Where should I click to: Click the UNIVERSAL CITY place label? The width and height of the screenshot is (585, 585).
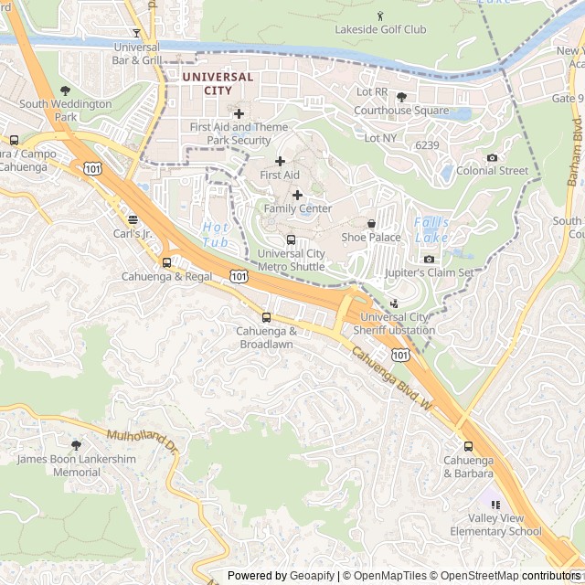point(218,84)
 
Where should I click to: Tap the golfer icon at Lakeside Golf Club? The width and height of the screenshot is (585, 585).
point(380,16)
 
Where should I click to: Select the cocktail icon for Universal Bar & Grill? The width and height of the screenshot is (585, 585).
point(137,33)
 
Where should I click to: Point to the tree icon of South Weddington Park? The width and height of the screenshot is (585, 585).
point(65,90)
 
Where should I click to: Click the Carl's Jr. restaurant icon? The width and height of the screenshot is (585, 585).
point(133,219)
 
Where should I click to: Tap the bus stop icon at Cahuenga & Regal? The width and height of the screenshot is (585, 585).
point(166,262)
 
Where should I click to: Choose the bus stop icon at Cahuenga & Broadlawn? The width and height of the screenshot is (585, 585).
point(267,317)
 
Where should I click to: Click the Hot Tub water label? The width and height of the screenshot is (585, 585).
point(216,234)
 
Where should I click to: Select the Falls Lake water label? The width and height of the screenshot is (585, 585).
point(431,229)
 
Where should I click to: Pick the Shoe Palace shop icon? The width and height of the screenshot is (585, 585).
point(371,223)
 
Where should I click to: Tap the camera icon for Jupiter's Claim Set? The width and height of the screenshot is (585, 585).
point(429,259)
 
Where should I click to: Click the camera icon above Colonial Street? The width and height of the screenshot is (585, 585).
point(492,157)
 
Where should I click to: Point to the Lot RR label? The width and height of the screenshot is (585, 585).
point(372,92)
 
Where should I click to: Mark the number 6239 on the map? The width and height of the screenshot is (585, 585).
point(427,144)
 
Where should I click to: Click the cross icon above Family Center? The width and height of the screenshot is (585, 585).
point(297,195)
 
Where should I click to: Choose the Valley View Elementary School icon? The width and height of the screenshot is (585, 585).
point(495,505)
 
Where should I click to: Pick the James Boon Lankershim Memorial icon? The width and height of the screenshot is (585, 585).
point(76,445)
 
